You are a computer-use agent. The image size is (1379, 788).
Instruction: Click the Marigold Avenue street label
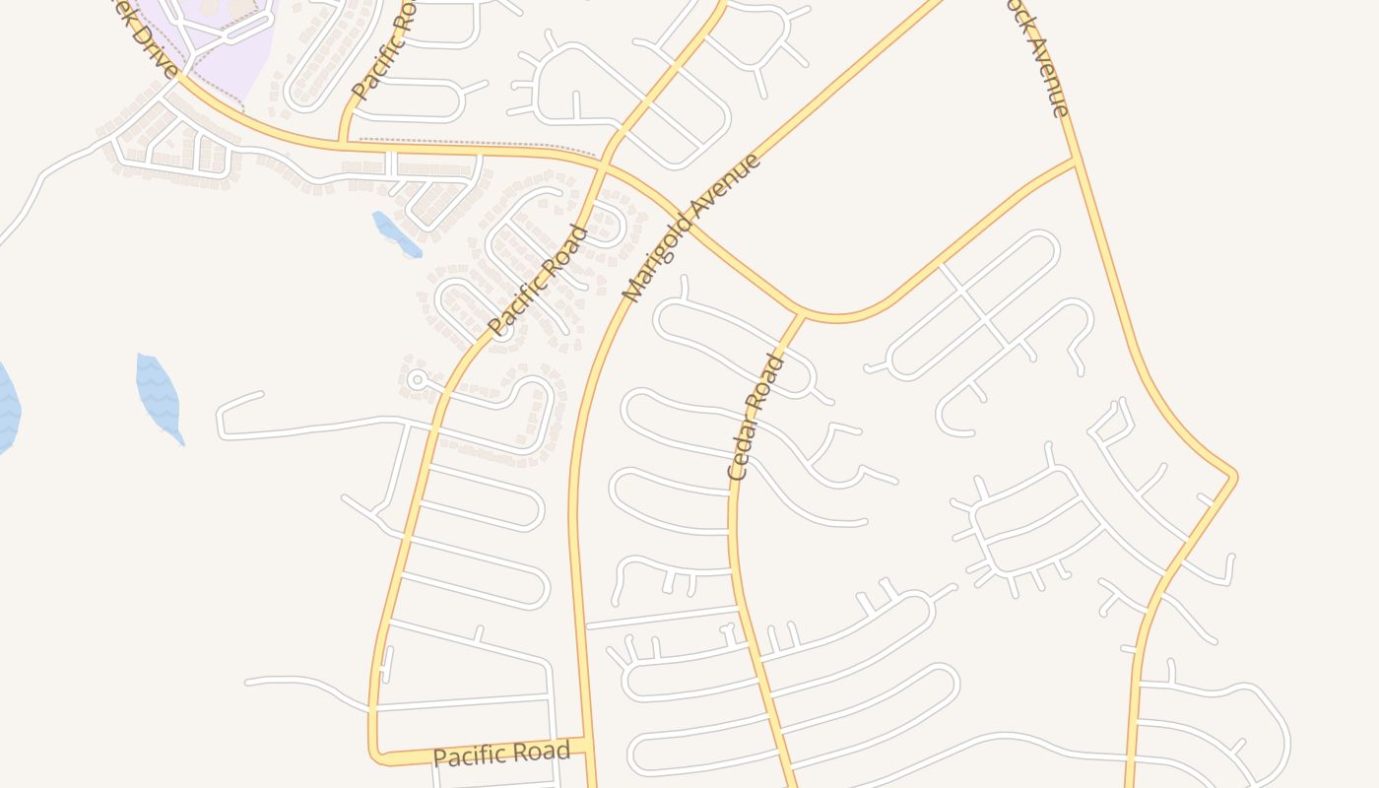point(692,228)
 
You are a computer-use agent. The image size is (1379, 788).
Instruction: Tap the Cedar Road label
point(756,417)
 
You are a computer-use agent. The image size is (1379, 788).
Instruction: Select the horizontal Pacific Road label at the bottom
point(501,755)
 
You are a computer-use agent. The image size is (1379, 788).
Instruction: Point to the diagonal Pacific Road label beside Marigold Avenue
point(538,281)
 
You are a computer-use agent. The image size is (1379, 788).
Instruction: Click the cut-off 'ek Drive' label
point(145,37)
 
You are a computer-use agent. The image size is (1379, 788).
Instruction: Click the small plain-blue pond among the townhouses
point(396,233)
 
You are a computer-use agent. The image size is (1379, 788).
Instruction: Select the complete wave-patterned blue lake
point(158,396)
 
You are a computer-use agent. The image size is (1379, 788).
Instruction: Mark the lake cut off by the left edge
point(7,407)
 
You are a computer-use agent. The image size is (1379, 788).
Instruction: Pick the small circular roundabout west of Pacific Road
point(417,379)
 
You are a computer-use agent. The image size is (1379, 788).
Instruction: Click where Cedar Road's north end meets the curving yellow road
point(801,316)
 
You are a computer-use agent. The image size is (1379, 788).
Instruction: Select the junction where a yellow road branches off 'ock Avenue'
point(1074,160)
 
